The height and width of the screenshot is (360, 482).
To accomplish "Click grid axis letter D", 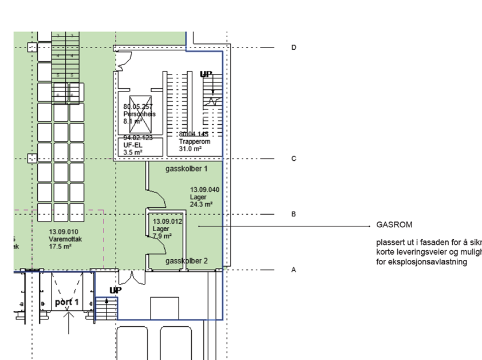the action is (294, 48).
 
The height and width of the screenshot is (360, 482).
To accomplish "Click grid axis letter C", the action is (294, 159).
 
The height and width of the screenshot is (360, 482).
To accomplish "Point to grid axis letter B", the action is (294, 214).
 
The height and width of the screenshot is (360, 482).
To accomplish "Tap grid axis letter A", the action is (294, 270).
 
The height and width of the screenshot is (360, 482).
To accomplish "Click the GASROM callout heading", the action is (394, 225).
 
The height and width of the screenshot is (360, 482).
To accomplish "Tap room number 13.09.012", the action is (167, 221).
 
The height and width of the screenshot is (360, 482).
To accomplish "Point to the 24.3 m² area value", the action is (202, 204).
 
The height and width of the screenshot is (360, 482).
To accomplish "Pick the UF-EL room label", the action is (133, 145).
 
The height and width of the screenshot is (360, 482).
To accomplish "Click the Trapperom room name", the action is (192, 141).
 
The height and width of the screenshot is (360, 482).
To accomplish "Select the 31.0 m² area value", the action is (190, 149).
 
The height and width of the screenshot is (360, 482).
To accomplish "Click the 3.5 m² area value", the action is (133, 153).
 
